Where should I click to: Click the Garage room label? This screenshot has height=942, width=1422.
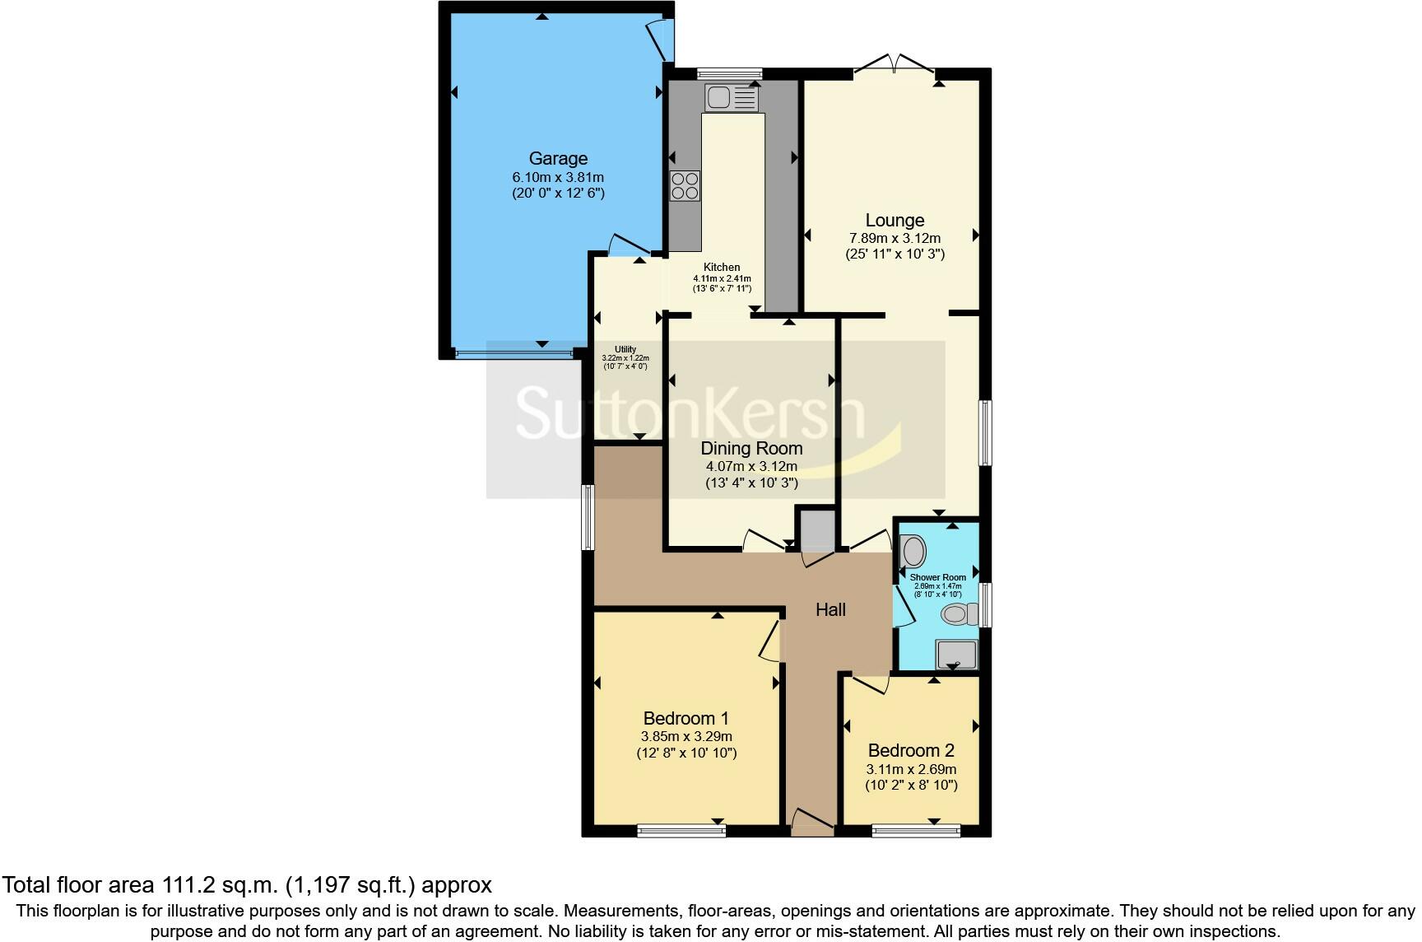(x=557, y=158)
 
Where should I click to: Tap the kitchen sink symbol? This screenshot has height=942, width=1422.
(x=730, y=98)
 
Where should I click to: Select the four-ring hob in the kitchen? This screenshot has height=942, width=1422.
(x=685, y=186)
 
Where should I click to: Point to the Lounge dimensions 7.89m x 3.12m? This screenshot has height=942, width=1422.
(x=895, y=238)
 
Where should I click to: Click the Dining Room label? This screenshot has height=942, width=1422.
(x=750, y=448)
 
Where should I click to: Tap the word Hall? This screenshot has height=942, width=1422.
(x=830, y=609)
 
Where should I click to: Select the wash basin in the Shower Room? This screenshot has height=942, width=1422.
(x=912, y=550)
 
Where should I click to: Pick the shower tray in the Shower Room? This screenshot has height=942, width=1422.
(x=957, y=655)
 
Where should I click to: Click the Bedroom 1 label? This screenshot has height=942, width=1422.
(x=685, y=717)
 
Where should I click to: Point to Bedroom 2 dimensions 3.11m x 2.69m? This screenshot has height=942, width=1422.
(x=911, y=769)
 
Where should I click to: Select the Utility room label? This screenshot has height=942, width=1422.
(x=625, y=349)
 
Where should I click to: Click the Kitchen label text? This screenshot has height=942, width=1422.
(x=721, y=267)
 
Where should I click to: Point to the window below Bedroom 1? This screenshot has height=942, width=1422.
(x=681, y=831)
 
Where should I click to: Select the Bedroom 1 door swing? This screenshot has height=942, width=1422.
(x=769, y=642)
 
